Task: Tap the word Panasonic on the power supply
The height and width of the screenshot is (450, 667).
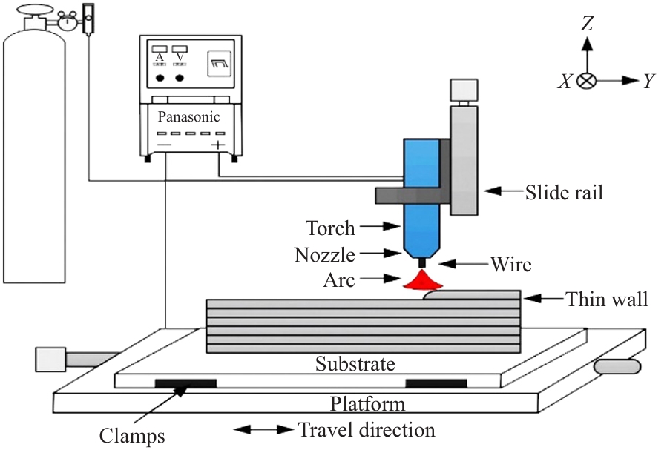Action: (x=188, y=116)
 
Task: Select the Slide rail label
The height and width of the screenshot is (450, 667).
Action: (x=564, y=193)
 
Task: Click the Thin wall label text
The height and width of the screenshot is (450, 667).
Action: (x=607, y=300)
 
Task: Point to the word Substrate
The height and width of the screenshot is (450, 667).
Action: (x=355, y=364)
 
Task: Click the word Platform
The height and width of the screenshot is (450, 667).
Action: (x=368, y=404)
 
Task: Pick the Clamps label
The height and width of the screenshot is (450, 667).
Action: (x=132, y=435)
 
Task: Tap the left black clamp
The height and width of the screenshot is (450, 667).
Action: (x=185, y=383)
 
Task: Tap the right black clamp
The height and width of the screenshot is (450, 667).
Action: (x=436, y=383)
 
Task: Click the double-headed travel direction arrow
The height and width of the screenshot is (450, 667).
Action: (x=264, y=429)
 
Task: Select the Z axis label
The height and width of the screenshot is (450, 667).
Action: (x=587, y=24)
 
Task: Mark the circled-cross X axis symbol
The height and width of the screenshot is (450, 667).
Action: (x=587, y=81)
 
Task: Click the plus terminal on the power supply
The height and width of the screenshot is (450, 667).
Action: (x=218, y=145)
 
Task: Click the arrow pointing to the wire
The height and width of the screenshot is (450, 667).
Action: (x=458, y=262)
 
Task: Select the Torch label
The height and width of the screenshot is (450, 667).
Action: (x=330, y=227)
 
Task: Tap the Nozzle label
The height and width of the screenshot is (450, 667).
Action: (x=324, y=255)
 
